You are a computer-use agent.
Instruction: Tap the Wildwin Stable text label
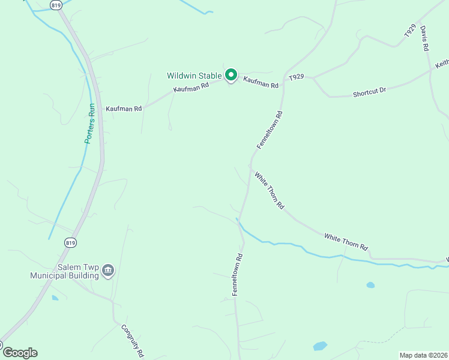(194, 76)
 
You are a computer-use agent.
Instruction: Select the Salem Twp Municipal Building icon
(108, 271)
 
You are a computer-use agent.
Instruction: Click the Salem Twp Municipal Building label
(65, 272)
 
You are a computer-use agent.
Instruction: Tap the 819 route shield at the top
(56, 5)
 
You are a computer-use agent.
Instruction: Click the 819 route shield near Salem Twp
(71, 242)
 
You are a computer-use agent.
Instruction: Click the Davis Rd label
(424, 38)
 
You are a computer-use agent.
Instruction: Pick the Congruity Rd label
(133, 340)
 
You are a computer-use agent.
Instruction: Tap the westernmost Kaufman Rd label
(124, 109)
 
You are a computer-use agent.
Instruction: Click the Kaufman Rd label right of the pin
(261, 82)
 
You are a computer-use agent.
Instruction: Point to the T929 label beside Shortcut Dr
(297, 77)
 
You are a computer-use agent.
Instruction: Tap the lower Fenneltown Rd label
(238, 273)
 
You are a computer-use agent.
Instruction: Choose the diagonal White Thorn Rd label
(269, 191)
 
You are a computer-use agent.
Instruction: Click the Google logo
(19, 352)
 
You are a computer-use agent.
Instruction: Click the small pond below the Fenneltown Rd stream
(370, 285)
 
